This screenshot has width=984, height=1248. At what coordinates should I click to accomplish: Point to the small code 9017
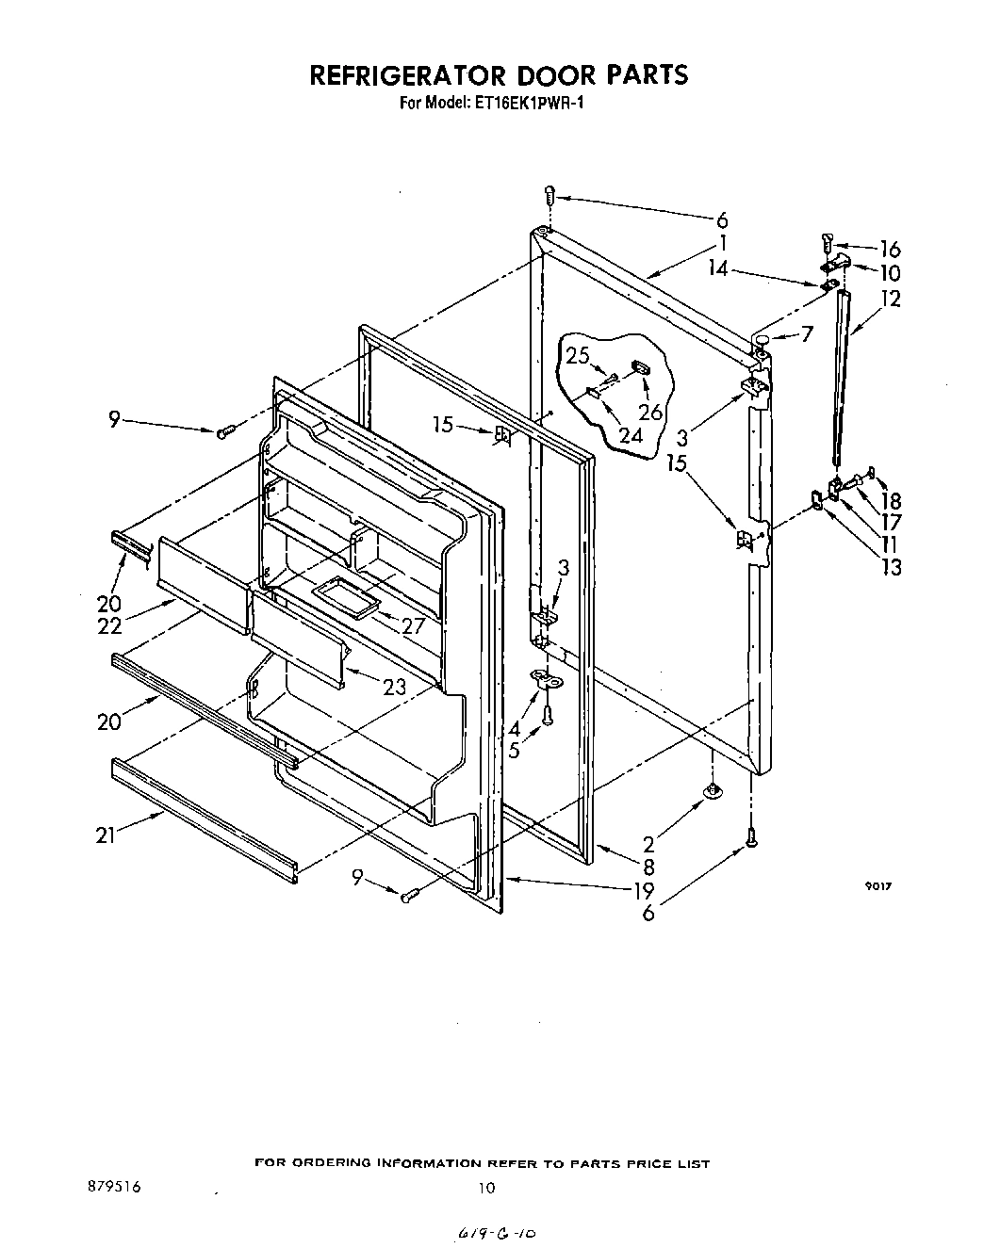[878, 886]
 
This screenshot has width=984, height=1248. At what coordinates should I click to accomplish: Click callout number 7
[806, 333]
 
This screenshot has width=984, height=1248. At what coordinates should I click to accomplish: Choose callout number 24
[630, 435]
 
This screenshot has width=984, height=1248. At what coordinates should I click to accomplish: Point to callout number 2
[648, 844]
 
